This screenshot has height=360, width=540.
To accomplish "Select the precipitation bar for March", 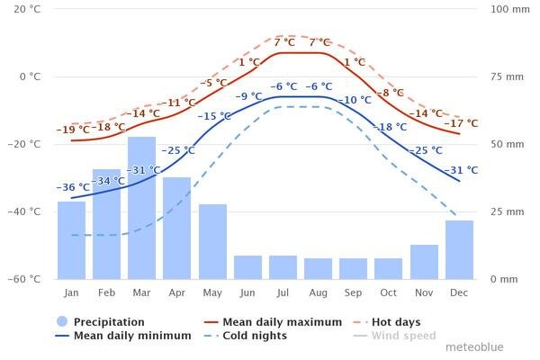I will [141, 208].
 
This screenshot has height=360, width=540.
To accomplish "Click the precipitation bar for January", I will [71, 240].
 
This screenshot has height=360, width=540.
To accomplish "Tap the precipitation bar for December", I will [459, 249].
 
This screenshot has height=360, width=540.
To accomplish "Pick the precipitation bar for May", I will [212, 241].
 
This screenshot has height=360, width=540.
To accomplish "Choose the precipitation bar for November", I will [424, 262].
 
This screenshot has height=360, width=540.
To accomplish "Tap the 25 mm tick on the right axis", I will [504, 211].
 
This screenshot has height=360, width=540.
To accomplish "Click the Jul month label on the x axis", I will [283, 292].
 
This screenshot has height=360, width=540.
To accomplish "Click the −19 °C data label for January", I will [73, 130].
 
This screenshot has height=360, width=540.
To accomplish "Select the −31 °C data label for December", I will [461, 169].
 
